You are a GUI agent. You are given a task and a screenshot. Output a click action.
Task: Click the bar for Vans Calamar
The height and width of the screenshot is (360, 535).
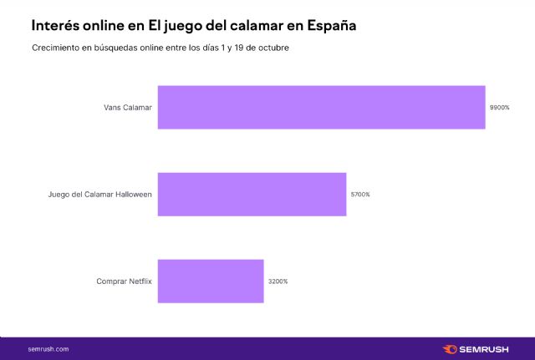click(321, 107)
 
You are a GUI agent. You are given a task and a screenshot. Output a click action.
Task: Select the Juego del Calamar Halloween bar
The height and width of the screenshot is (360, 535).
click(252, 195)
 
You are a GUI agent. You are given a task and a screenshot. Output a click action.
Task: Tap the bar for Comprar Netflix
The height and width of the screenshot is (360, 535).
click(211, 281)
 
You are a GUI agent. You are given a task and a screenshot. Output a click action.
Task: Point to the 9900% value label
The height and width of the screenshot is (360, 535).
click(499, 108)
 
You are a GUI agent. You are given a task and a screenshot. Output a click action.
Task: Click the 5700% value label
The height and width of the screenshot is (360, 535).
click(360, 195)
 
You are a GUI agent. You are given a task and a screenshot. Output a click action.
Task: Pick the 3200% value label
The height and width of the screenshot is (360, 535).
click(278, 281)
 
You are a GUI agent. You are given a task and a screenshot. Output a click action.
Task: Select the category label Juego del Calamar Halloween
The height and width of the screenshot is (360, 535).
click(100, 195)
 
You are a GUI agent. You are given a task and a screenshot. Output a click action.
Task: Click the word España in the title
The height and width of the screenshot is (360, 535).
click(329, 26)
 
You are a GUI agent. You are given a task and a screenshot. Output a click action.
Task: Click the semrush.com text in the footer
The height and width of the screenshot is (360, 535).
click(48, 348)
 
